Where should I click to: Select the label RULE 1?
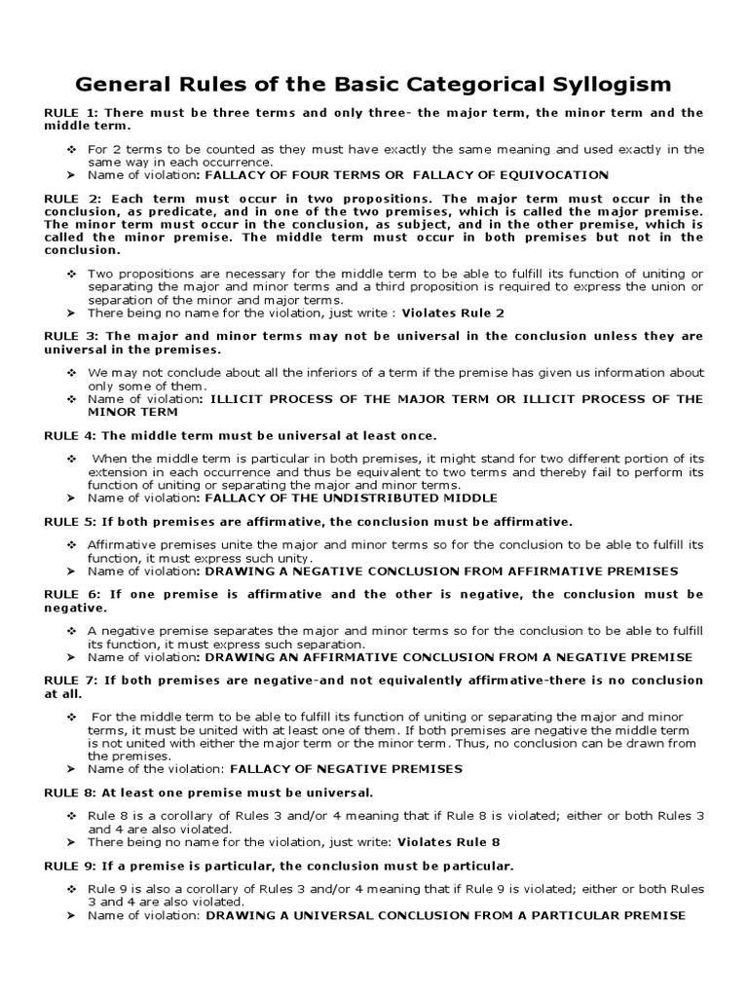[69, 113]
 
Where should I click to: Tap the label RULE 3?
[69, 336]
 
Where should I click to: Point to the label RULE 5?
[69, 522]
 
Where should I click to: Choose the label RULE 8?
[69, 793]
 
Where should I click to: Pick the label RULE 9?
[69, 866]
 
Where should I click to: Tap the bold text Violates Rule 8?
[458, 841]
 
